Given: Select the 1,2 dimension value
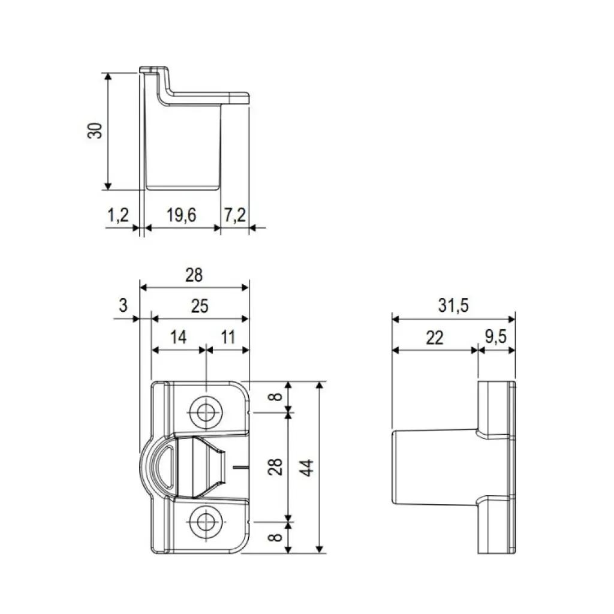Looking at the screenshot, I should pyautogui.click(x=119, y=215).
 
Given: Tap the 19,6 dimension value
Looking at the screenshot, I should pyautogui.click(x=181, y=215).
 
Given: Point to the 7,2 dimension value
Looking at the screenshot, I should pyautogui.click(x=234, y=215).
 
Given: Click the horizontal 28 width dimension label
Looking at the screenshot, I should pyautogui.click(x=194, y=275).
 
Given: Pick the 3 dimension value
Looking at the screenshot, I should pyautogui.click(x=124, y=305).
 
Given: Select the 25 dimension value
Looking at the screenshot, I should pyautogui.click(x=200, y=306).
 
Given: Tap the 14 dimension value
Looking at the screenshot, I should pyautogui.click(x=178, y=337).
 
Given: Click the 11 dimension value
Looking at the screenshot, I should pyautogui.click(x=227, y=337).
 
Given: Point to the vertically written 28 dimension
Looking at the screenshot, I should pyautogui.click(x=275, y=466).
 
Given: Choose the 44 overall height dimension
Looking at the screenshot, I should pyautogui.click(x=307, y=467).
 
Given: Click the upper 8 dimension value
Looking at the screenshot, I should pyautogui.click(x=275, y=396).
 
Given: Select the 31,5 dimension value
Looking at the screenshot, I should pyautogui.click(x=453, y=306).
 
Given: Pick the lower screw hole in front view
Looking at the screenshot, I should pyautogui.click(x=206, y=521).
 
